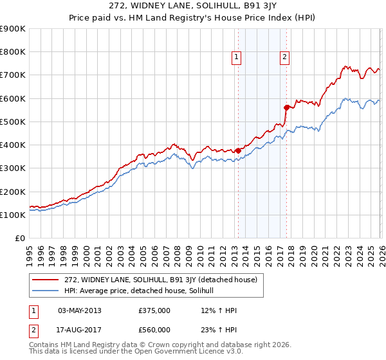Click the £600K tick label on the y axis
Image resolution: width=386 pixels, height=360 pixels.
[x=13, y=98]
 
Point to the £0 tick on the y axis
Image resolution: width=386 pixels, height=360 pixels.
[x=20, y=238]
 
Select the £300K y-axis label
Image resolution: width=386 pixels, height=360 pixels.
[x=13, y=168]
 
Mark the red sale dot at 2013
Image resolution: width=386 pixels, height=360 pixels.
[x=238, y=150]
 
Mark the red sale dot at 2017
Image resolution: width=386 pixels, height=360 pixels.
[x=287, y=107]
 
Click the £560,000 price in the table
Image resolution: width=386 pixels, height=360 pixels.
[x=154, y=330]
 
